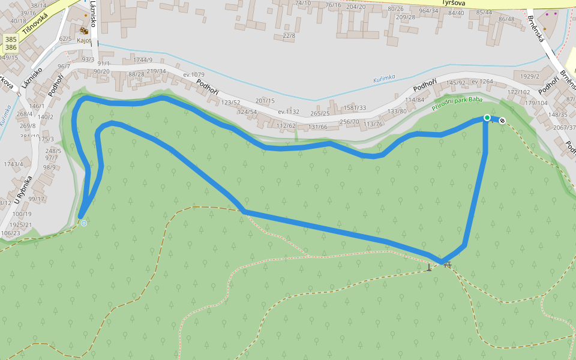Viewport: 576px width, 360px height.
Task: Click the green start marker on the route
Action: [x=487, y=118]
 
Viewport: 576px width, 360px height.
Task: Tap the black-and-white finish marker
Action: [x=502, y=121]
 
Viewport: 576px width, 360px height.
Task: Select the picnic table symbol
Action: [x=446, y=265]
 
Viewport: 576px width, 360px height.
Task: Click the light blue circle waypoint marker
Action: [x=84, y=223]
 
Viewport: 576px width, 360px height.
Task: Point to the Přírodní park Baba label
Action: [x=457, y=104]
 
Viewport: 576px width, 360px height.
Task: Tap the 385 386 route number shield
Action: [x=11, y=43]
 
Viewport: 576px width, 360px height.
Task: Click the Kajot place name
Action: [x=84, y=41]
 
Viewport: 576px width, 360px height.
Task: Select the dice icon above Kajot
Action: [x=84, y=30]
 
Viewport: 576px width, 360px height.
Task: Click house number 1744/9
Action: [x=143, y=60]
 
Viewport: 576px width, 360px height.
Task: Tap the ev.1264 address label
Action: [x=482, y=82]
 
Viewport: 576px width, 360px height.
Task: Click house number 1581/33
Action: [x=354, y=108]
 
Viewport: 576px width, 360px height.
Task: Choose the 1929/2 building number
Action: [x=529, y=76]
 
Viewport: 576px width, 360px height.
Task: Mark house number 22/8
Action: [x=289, y=36]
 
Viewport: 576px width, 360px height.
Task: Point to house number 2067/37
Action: [x=564, y=127]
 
